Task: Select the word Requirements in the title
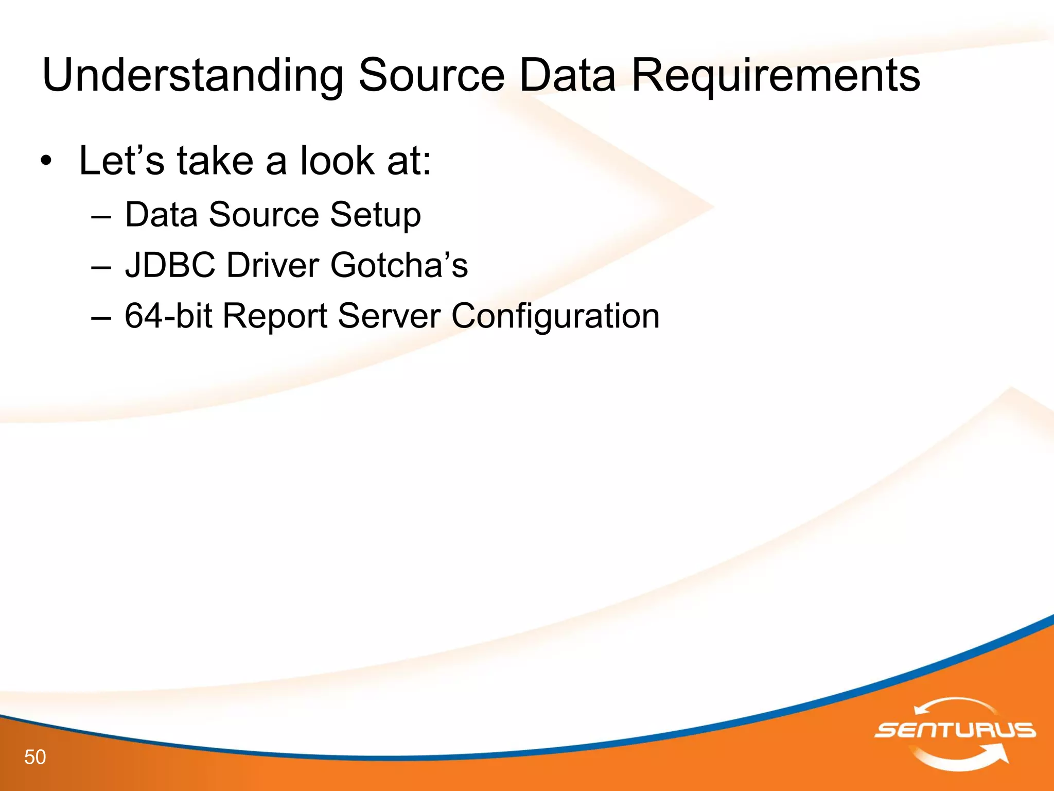(x=775, y=76)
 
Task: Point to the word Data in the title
(x=567, y=75)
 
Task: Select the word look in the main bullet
(x=338, y=161)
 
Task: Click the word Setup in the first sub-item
(x=375, y=215)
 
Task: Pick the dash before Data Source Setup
(x=100, y=216)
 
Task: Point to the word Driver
(x=273, y=265)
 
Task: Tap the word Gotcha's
(x=399, y=265)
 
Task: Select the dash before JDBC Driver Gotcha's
(x=100, y=267)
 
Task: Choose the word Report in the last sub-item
(x=275, y=315)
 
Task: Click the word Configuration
(x=555, y=316)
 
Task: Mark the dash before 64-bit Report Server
(x=100, y=317)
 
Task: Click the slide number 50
(x=35, y=757)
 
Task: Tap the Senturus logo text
(x=955, y=730)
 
